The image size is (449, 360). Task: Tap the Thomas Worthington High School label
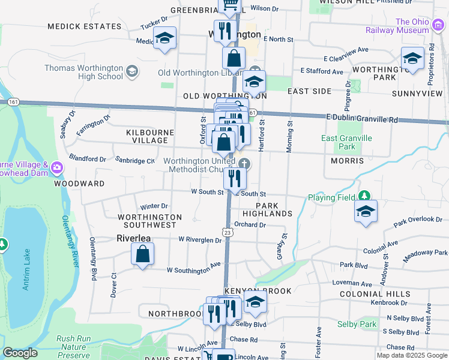tap(83, 72)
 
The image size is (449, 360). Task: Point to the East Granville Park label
tap(346, 142)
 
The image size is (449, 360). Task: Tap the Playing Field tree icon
tap(364, 196)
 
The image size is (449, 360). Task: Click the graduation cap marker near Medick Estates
tap(164, 39)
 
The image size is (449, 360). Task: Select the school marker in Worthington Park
tap(412, 59)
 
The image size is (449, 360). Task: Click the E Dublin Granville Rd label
tap(363, 119)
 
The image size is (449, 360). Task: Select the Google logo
tap(20, 353)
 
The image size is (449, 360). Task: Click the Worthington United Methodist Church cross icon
tap(244, 164)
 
